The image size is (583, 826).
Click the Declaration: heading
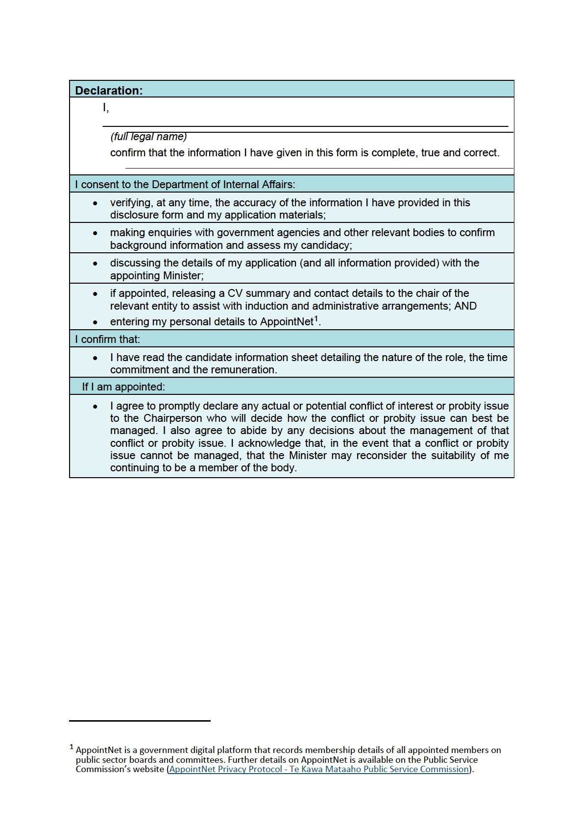coord(109,91)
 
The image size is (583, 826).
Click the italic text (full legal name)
coord(148,137)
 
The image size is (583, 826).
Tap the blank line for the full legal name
coord(305,125)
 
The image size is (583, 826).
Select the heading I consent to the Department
coord(185,185)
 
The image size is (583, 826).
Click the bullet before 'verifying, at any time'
coord(95,203)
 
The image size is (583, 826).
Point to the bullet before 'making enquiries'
coord(95,233)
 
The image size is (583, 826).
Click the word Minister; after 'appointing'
coord(183,276)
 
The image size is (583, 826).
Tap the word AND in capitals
coord(465,306)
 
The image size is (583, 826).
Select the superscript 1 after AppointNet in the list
coord(316,319)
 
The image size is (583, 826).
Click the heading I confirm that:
coord(108,340)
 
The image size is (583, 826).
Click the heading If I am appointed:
coord(123,387)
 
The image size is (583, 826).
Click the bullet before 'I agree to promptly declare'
coord(95,407)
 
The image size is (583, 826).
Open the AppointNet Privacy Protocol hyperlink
coord(319,769)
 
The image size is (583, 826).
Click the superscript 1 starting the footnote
coord(72,747)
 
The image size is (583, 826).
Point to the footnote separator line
coord(140,721)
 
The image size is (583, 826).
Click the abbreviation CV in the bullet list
coord(235,293)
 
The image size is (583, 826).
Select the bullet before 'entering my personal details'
coord(95,322)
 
